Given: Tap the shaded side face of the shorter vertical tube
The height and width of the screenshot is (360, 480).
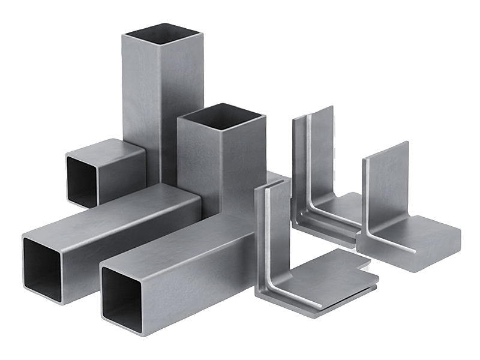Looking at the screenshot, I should pos(252,156).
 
